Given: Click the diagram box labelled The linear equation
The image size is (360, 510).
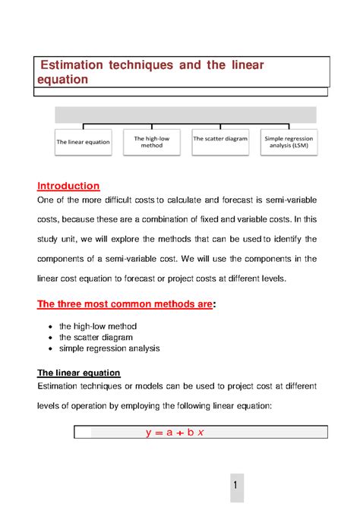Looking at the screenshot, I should pyautogui.click(x=83, y=142).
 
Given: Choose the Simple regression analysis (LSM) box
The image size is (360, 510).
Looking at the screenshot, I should pyautogui.click(x=287, y=142).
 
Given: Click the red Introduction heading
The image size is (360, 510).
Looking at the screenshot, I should pyautogui.click(x=68, y=185).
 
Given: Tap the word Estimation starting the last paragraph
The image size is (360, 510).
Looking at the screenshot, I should pyautogui.click(x=62, y=386).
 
